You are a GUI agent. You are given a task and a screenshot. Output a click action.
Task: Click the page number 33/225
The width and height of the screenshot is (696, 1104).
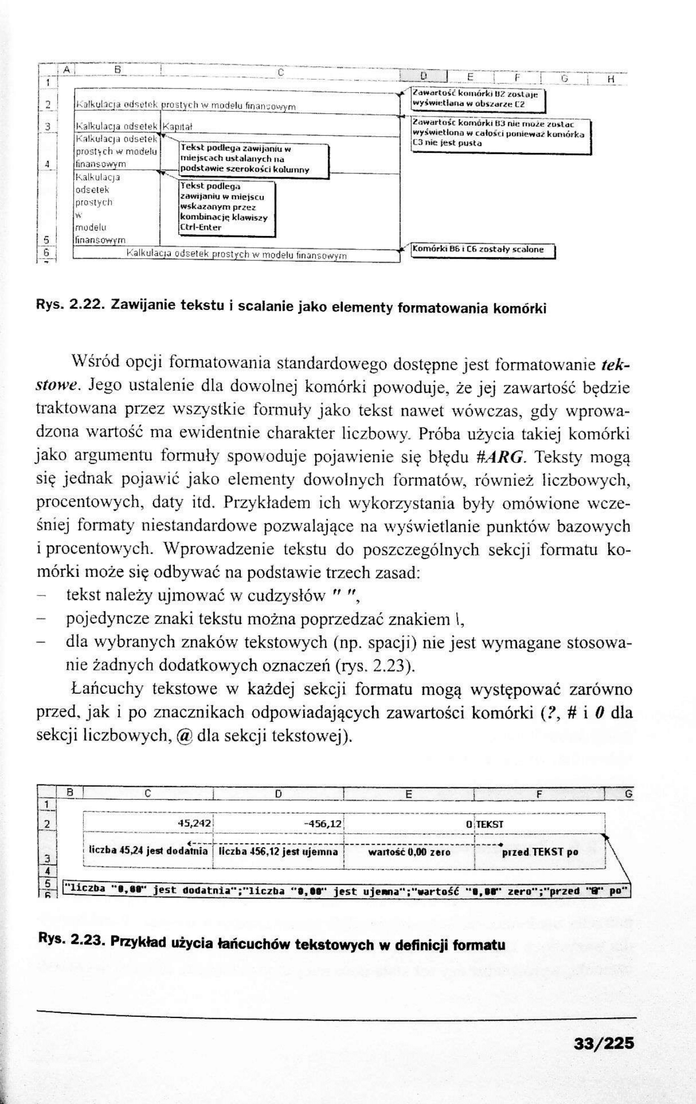tap(603, 1044)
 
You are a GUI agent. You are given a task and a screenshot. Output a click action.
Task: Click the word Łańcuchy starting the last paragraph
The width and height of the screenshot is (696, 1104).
tap(104, 689)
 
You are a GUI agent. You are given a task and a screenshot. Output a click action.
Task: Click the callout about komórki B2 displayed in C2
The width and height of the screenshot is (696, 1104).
tap(477, 99)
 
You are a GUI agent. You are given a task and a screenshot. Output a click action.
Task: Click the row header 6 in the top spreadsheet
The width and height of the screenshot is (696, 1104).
tap(46, 251)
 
